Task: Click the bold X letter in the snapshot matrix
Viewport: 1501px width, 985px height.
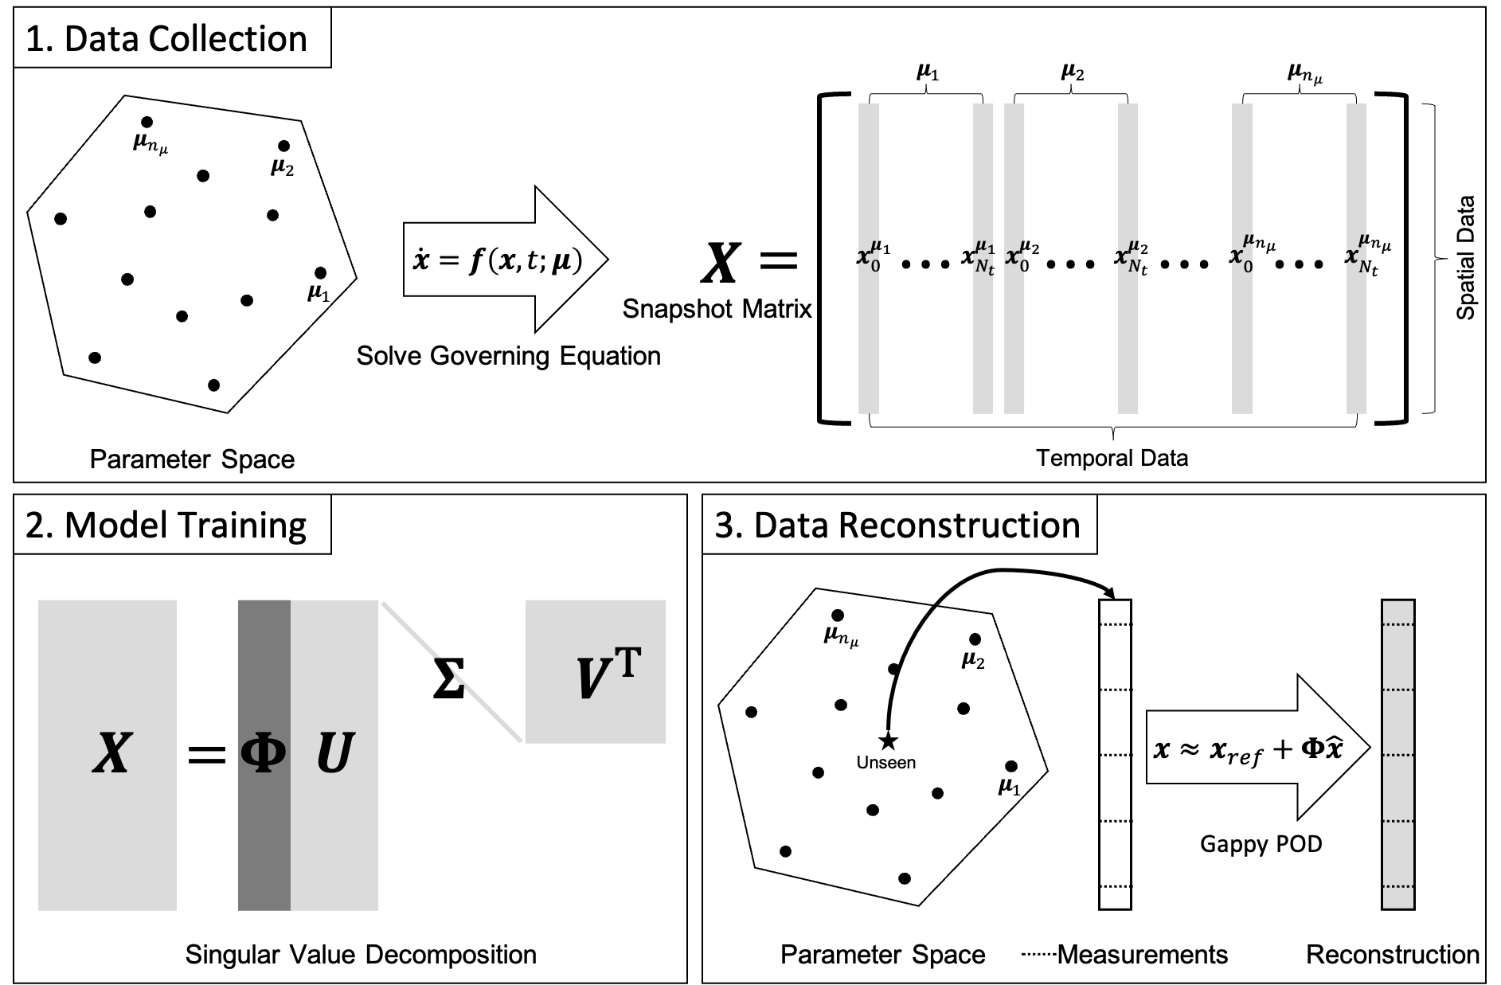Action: [x=111, y=754]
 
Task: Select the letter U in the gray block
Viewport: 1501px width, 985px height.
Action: [x=334, y=754]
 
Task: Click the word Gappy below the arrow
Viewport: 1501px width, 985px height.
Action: [x=1229, y=844]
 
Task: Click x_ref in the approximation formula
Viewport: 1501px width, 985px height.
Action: [x=1236, y=751]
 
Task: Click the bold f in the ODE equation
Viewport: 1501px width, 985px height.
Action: [x=475, y=260]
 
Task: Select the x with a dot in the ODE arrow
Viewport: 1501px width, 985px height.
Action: [x=420, y=259]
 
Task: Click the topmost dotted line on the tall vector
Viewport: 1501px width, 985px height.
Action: [x=1398, y=625]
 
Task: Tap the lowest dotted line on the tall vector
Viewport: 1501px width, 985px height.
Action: [x=1398, y=886]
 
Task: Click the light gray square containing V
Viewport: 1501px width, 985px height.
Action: [x=595, y=671]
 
